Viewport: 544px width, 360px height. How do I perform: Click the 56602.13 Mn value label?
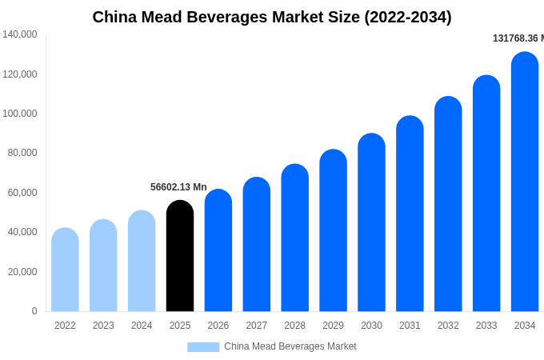tap(178, 187)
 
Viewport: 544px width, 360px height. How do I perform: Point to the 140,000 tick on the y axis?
tap(20, 34)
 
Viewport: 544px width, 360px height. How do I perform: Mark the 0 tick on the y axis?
tap(34, 311)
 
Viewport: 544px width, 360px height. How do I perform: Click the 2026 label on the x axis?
tap(218, 326)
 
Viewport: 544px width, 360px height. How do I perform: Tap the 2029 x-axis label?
tap(333, 326)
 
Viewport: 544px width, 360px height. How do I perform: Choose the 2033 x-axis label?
tap(486, 326)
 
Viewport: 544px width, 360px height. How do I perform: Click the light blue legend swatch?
tap(203, 346)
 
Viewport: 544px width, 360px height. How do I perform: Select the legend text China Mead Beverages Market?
tap(290, 346)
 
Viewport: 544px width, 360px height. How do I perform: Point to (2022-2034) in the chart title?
tap(407, 17)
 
